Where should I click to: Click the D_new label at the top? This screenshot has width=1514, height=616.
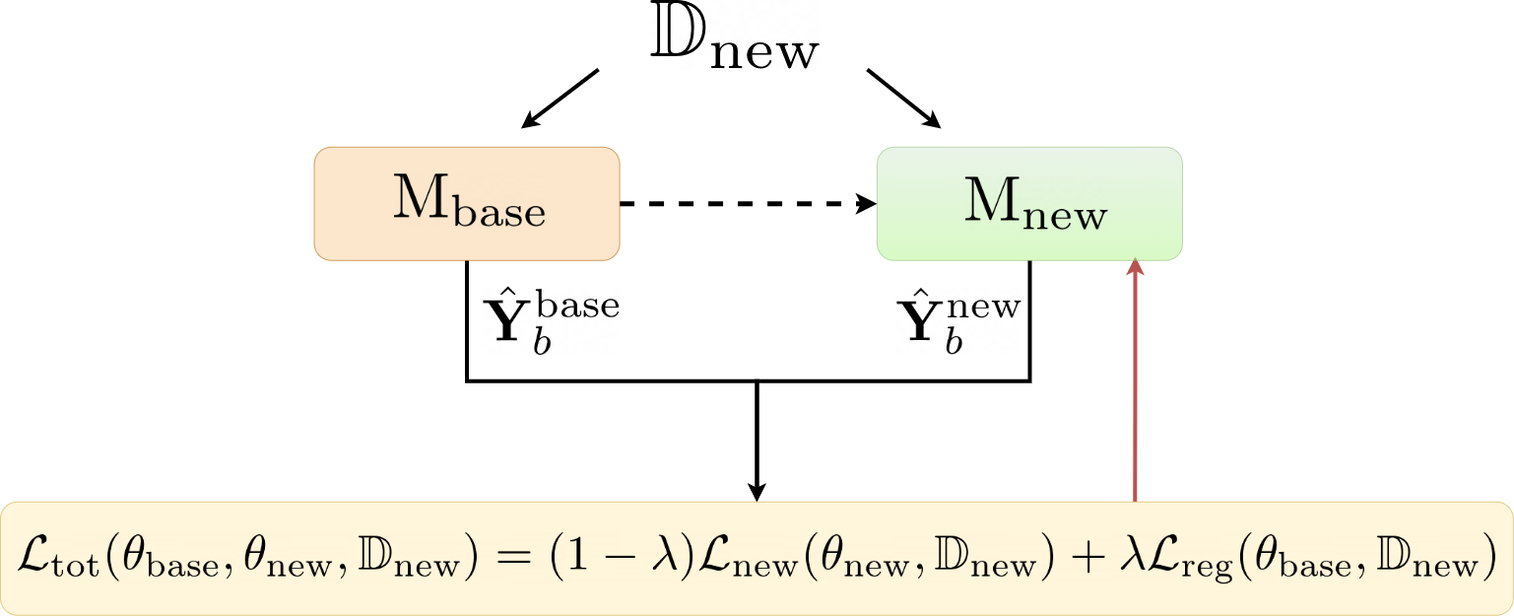point(734,44)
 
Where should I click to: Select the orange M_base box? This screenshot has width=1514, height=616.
point(467,204)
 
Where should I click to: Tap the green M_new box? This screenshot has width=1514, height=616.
point(1029,204)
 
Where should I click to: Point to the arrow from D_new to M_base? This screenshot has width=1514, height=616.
point(560,99)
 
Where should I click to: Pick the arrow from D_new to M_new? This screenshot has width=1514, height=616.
point(903,99)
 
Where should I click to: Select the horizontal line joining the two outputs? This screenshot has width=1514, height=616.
point(749,380)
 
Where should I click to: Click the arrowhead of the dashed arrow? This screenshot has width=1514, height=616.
point(867,204)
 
